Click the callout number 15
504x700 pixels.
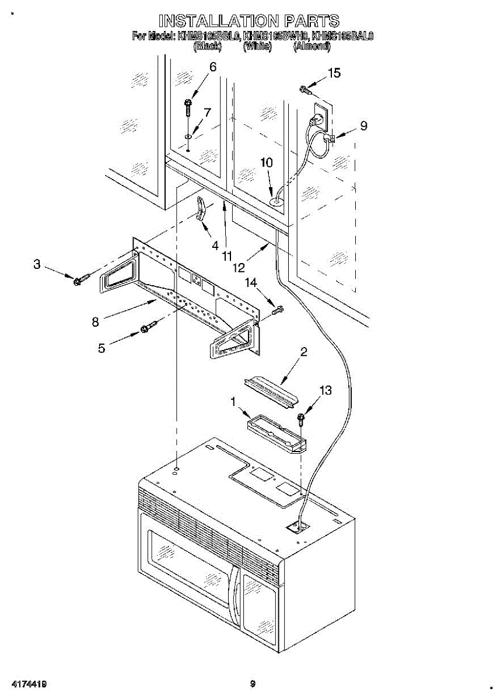334,73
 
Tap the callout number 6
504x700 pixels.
212,68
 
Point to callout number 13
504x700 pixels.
325,390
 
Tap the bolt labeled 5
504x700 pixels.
148,328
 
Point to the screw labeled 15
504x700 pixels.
304,89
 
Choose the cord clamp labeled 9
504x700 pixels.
329,139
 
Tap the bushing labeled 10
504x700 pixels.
276,201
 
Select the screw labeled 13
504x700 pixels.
302,419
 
